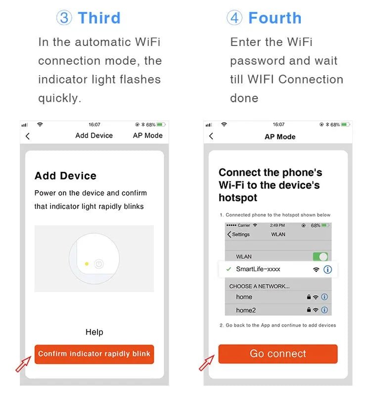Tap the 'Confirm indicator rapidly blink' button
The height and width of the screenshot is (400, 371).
[x=94, y=354]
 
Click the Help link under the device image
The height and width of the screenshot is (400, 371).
[x=94, y=332]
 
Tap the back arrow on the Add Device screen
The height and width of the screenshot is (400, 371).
[x=28, y=136]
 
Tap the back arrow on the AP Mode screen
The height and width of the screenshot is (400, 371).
[x=211, y=136]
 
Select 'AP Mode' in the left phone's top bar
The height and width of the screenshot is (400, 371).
[x=147, y=136]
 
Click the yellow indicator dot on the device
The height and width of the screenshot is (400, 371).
[x=87, y=264]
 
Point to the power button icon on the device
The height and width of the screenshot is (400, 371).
[x=99, y=264]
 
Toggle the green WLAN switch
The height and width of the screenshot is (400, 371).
[x=320, y=257]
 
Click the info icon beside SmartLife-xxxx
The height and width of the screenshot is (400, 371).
[x=327, y=270]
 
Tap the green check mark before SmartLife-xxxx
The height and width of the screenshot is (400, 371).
[x=228, y=269]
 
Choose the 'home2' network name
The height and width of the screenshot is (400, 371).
[x=246, y=310]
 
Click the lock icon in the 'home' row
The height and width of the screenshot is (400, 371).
[x=309, y=297]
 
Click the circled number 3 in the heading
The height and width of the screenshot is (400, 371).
[x=64, y=18]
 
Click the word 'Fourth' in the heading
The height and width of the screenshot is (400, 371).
[x=275, y=18]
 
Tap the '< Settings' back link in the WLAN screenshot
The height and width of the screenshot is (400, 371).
[x=238, y=234]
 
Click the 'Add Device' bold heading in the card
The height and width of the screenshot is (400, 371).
[x=65, y=176]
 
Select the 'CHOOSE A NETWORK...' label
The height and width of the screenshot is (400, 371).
[x=259, y=286]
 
